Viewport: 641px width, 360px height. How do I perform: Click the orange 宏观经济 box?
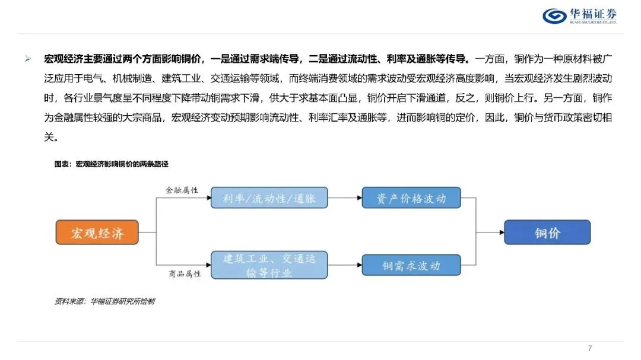coord(97,232)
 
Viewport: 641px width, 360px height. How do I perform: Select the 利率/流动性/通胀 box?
coord(269,198)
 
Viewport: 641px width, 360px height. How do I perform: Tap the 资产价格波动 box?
coord(411,198)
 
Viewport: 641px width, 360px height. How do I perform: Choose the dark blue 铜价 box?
coord(547,232)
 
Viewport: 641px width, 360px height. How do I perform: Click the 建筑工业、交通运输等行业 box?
coord(269,266)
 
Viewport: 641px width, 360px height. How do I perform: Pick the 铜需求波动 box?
coord(411,266)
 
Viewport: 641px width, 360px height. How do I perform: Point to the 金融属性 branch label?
coord(182,190)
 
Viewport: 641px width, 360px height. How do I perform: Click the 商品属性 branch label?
coord(182,274)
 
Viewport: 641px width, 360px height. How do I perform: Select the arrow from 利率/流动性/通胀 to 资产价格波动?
coord(344,198)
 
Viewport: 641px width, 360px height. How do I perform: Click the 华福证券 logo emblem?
coord(555,16)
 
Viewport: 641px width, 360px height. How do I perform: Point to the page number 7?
coord(589,348)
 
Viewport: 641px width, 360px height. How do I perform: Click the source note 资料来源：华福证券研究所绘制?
coord(104,301)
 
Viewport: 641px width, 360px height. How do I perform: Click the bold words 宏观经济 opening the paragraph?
coord(64,59)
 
